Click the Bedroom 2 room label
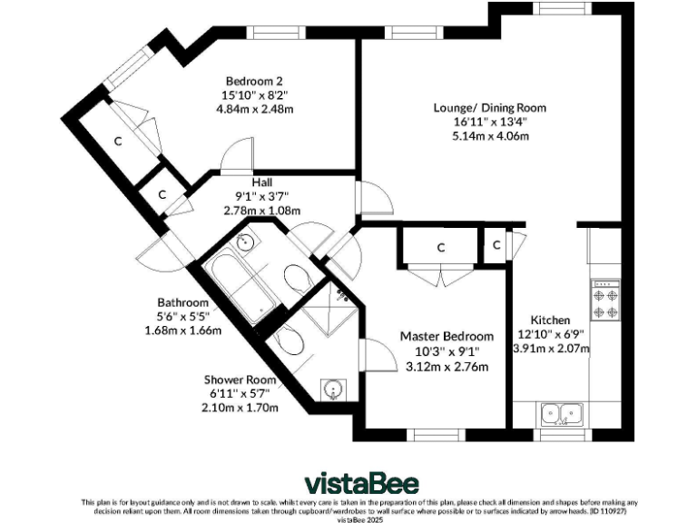(254, 82)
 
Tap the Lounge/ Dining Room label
(490, 108)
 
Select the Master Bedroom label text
(447, 336)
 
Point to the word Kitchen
(550, 321)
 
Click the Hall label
(261, 183)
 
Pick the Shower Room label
(240, 380)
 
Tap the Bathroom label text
(182, 303)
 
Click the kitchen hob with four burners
(605, 301)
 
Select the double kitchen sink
(562, 414)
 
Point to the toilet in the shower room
(288, 340)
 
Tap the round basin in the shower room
(332, 390)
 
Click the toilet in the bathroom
(297, 280)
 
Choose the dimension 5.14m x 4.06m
(491, 136)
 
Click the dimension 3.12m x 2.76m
(447, 367)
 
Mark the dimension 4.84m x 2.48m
(255, 109)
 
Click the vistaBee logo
(361, 484)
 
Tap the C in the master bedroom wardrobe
(441, 248)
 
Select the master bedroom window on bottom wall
(436, 435)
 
